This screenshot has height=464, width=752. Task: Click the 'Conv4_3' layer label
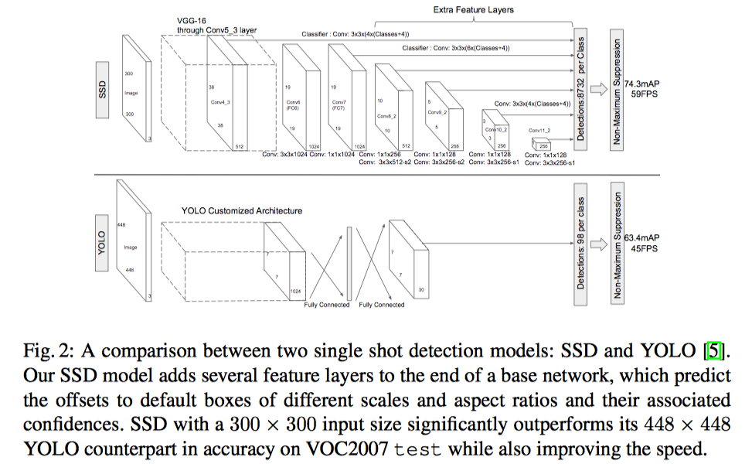(221, 101)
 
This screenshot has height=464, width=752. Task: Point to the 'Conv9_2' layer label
(437, 112)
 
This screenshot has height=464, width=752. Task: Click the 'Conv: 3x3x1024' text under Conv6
(286, 155)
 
